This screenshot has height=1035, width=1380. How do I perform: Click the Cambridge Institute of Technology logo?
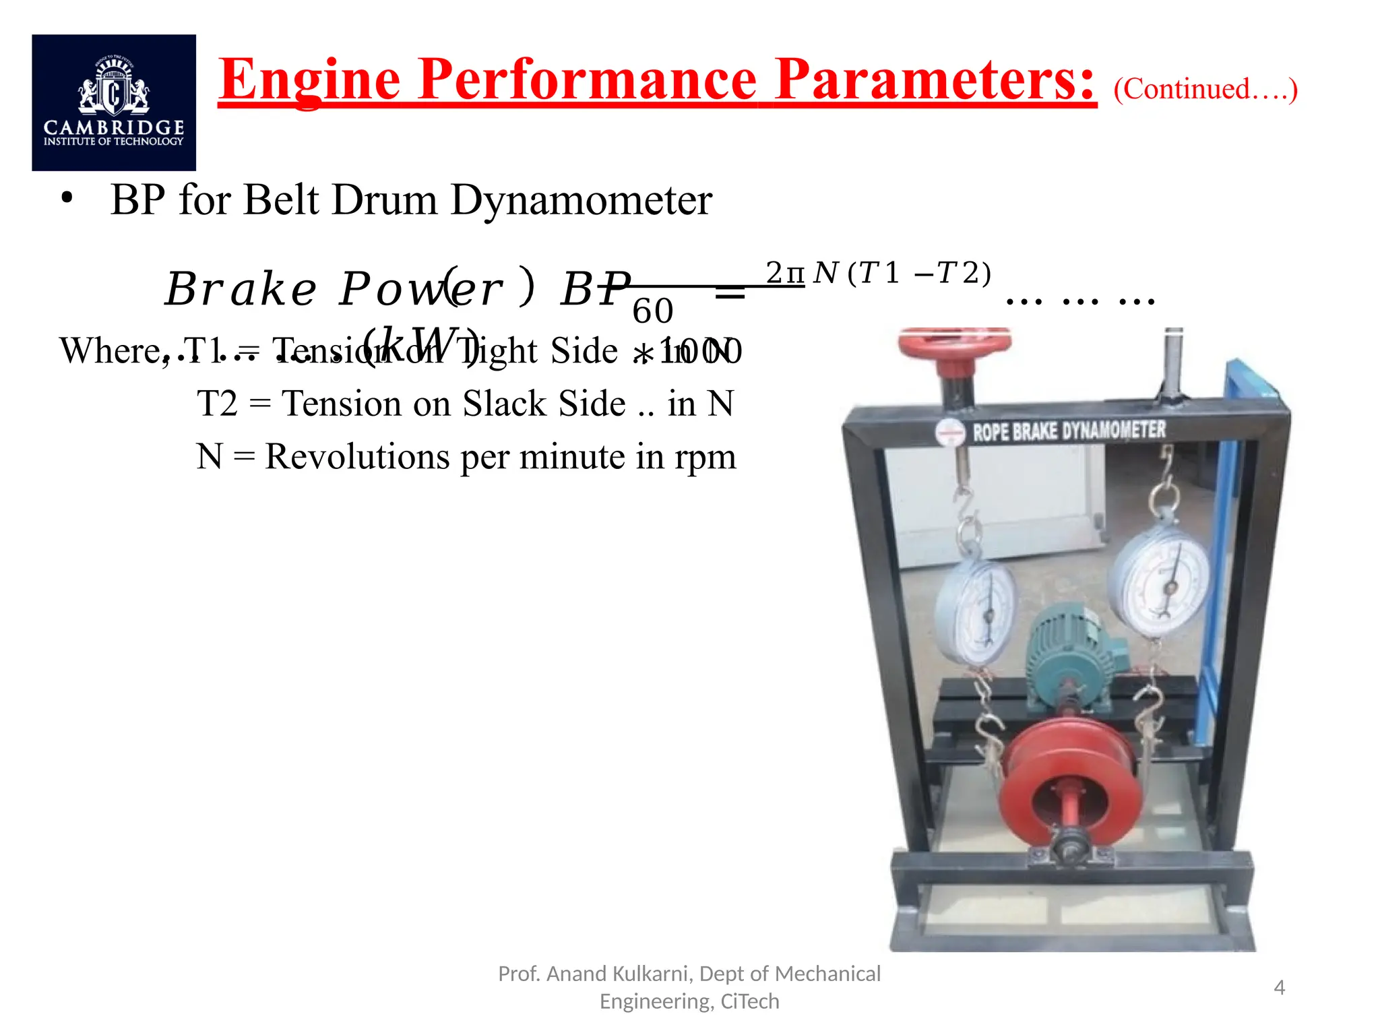(114, 102)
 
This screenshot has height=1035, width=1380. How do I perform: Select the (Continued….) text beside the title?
(1205, 89)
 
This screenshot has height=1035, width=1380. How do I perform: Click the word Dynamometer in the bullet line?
(581, 200)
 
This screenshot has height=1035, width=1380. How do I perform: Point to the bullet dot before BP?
(66, 199)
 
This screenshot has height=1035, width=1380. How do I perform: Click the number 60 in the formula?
(652, 311)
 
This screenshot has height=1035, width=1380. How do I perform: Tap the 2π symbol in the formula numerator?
(785, 273)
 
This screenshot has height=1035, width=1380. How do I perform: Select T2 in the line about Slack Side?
(217, 404)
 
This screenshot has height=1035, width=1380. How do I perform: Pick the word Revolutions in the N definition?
(357, 457)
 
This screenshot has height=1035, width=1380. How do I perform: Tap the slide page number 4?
(1279, 988)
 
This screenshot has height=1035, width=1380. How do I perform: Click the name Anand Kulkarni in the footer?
(617, 974)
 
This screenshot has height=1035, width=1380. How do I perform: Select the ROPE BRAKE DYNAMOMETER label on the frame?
(1068, 431)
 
